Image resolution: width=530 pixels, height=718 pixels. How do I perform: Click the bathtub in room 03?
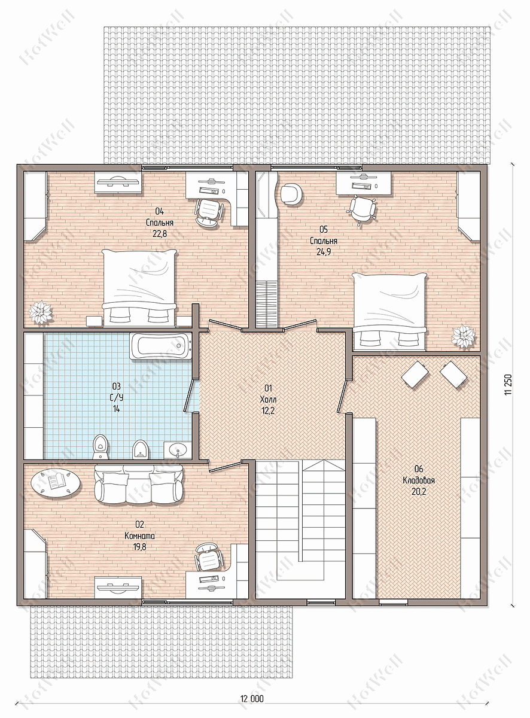160,346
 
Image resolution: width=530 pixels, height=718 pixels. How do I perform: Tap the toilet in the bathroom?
100,447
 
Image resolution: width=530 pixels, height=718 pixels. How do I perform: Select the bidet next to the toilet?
141,449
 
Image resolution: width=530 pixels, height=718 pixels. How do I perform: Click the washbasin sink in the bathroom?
178,450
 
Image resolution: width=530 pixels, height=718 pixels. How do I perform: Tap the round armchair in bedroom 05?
291,194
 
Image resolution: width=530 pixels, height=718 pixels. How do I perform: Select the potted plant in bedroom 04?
41,312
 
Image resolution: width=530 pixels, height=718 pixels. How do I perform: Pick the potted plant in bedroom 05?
464,337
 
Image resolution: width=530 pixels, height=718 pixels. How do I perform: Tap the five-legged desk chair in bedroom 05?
363,210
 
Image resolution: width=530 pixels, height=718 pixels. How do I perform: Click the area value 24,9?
324,252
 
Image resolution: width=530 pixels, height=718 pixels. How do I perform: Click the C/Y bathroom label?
117,397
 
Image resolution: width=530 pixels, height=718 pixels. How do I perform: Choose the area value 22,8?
160,234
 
